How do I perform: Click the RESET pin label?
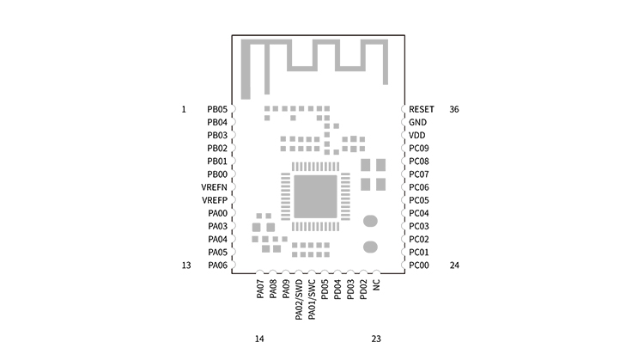[422, 109]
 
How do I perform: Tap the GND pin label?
[417, 123]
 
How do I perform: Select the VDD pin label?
[416, 135]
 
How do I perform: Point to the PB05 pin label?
[217, 109]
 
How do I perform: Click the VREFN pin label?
[214, 187]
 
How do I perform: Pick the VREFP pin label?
[215, 200]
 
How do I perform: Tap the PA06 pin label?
[218, 265]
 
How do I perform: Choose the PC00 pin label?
[419, 265]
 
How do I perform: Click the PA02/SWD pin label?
[299, 300]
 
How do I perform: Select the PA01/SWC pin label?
[312, 300]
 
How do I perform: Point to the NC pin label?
[377, 285]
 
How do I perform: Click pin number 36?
[454, 109]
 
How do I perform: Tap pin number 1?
[184, 109]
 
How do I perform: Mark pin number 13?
[186, 265]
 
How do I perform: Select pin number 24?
[454, 265]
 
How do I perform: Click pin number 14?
[259, 339]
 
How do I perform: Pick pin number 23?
[376, 339]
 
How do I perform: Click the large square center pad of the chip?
[315, 197]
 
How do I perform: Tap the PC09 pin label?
[419, 149]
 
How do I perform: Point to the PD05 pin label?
[325, 290]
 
